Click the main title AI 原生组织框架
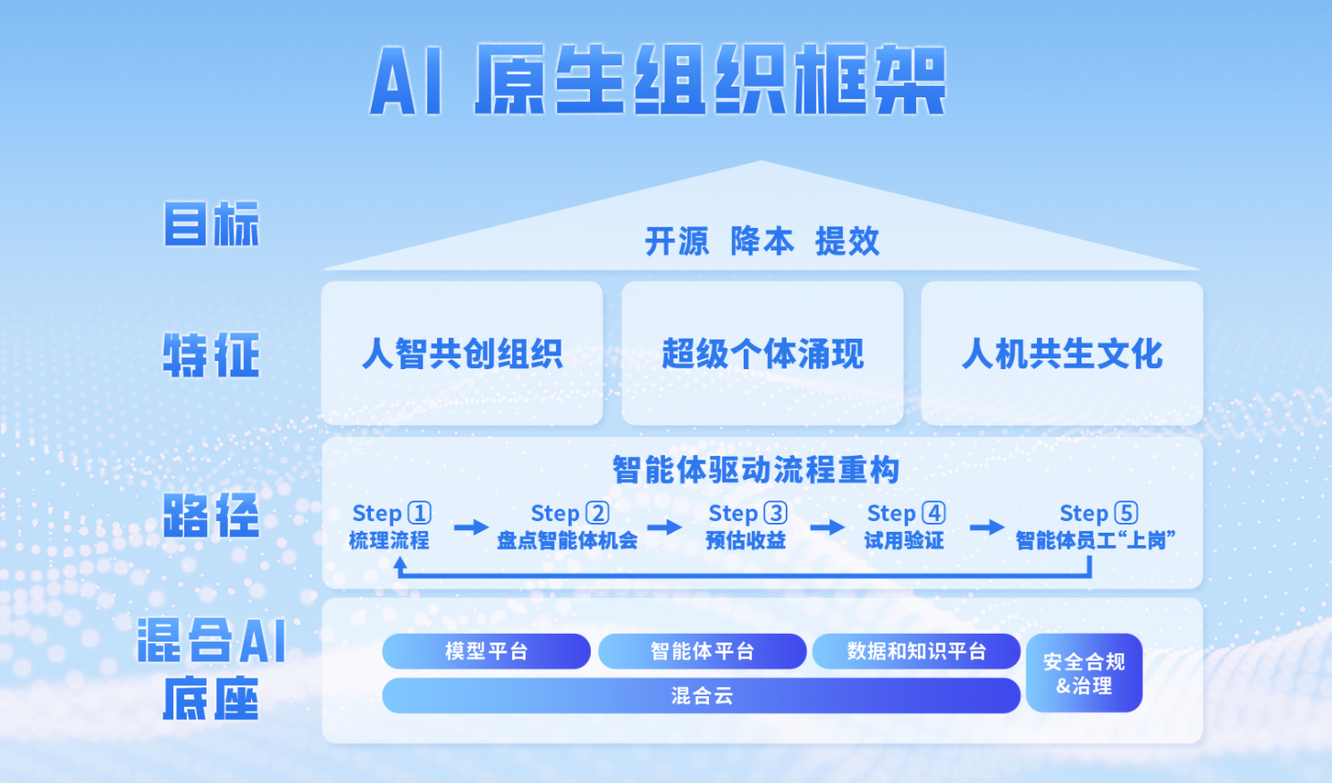[x=658, y=80]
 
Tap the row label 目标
[x=212, y=223]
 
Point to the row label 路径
[x=212, y=515]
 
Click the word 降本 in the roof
[x=762, y=240]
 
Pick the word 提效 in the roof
[x=847, y=240]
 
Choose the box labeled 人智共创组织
[x=462, y=353]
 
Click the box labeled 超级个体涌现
[x=763, y=353]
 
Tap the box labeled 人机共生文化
[x=1062, y=353]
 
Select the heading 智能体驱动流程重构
[x=755, y=469]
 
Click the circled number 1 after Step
[x=420, y=513]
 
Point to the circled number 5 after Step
[x=1126, y=513]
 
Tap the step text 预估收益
[x=746, y=541]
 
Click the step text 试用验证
[x=904, y=541]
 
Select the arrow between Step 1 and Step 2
[x=471, y=526]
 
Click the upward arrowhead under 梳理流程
[x=400, y=563]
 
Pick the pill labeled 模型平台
[x=486, y=651]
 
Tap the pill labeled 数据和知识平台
[x=916, y=651]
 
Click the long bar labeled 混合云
[x=702, y=695]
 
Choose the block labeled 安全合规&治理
[x=1084, y=673]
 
